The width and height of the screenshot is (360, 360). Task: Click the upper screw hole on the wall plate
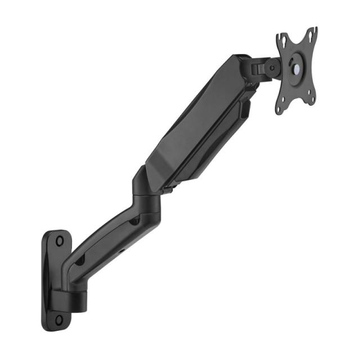click(60, 240)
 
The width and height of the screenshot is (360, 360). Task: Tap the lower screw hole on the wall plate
click(59, 319)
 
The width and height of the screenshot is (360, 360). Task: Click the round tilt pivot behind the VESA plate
click(272, 69)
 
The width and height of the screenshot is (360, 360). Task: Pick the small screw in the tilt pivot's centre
click(272, 69)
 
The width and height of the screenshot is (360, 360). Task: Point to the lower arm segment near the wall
click(101, 242)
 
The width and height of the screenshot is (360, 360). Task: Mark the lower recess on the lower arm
click(80, 260)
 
